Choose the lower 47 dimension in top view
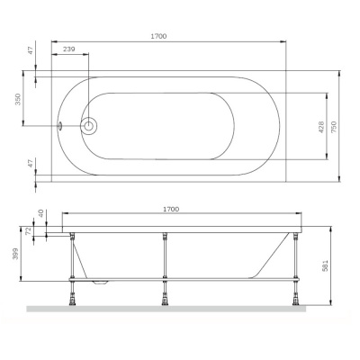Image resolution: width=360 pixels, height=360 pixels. [31, 165]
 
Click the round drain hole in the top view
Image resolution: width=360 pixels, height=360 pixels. [90, 126]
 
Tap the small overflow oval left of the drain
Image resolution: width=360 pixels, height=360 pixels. [60, 126]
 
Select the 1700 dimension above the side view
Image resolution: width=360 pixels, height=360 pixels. [170, 209]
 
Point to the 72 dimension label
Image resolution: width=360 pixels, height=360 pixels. [31, 231]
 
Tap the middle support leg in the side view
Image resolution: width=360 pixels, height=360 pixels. [166, 265]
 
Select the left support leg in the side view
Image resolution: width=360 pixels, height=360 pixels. [71, 265]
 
